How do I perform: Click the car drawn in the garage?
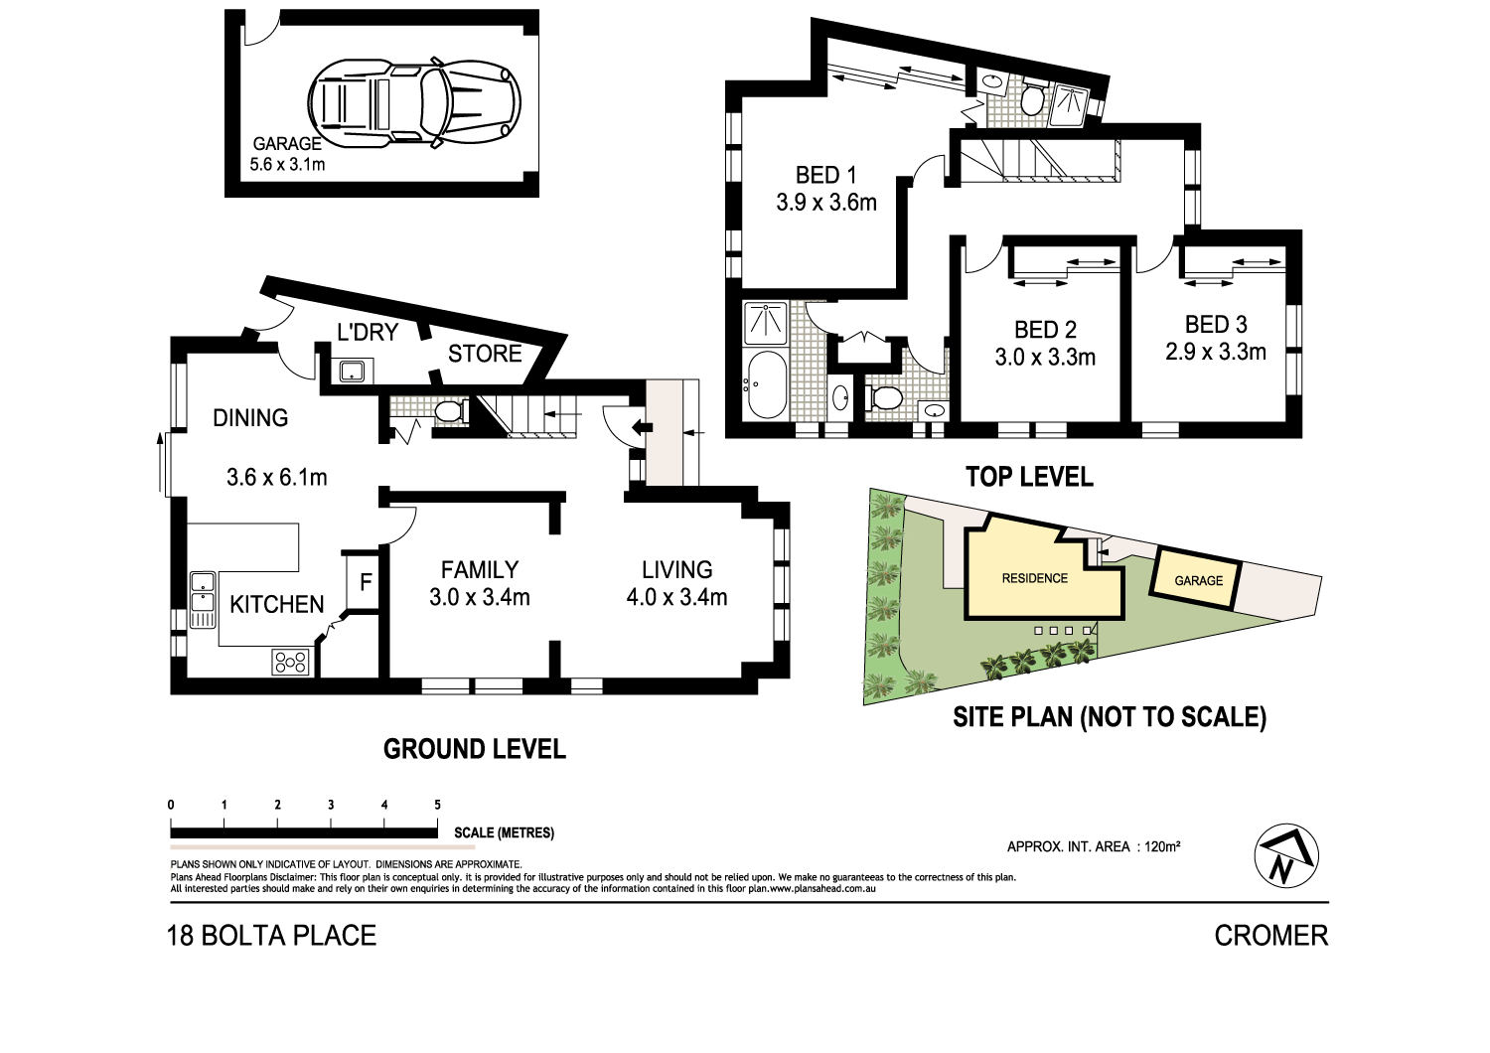click(414, 101)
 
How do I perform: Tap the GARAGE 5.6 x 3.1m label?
click(287, 154)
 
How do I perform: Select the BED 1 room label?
click(825, 176)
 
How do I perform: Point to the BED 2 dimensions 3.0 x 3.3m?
click(1045, 358)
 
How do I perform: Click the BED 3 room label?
click(1216, 325)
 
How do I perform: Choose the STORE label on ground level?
click(485, 354)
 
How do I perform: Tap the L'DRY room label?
click(368, 332)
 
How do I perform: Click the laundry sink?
click(354, 372)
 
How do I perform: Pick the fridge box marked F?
click(365, 582)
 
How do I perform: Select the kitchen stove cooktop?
click(291, 662)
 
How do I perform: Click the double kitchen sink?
click(203, 599)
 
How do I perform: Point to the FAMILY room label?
click(480, 570)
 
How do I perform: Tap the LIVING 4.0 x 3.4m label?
click(676, 584)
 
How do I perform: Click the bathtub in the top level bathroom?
click(765, 384)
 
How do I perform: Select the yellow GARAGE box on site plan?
click(1198, 580)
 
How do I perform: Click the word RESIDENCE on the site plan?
click(1034, 578)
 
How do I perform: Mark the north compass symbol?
click(1286, 856)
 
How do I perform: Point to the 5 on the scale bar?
click(437, 805)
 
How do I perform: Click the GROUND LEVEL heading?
click(475, 749)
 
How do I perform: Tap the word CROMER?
click(1270, 936)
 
